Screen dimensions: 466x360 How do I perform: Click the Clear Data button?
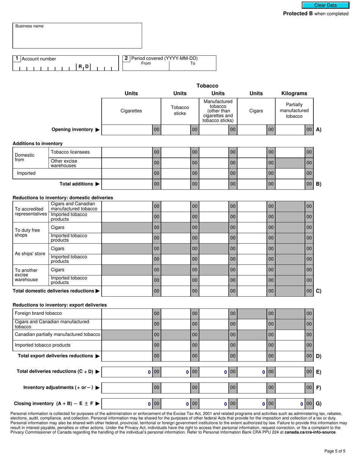[325, 5]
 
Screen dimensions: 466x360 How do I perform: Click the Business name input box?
[77, 36]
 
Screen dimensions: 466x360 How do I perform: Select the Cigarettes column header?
[131, 111]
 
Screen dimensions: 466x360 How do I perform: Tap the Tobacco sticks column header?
[180, 111]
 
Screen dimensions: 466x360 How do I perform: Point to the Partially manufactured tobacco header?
[294, 111]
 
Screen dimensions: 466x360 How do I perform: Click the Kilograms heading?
[294, 94]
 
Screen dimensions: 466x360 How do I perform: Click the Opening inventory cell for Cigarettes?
[127, 130]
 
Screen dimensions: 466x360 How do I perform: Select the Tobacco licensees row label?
[70, 152]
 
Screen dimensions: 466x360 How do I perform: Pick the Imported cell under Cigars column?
[252, 174]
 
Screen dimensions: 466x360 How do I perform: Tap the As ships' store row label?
[30, 254]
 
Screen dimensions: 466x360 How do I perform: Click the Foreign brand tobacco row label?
[38, 313]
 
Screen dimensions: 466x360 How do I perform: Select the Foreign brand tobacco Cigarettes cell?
[127, 313]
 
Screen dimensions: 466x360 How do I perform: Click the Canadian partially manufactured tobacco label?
[57, 335]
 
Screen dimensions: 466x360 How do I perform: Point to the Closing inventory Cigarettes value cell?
[127, 404]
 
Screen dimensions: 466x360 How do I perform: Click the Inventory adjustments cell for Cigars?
[252, 388]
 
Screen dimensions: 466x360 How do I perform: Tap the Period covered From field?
[146, 67]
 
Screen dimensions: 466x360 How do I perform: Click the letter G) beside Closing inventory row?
[318, 404]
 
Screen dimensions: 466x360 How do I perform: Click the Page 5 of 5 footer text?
[335, 451]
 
